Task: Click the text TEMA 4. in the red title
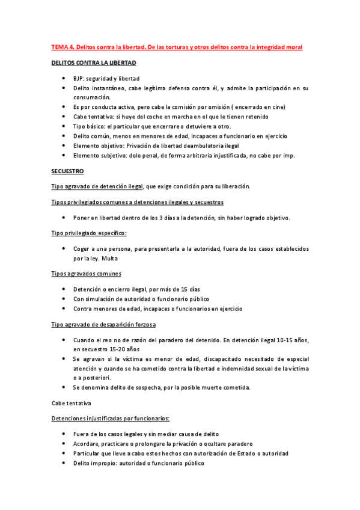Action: click(x=63, y=47)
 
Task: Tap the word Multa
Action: click(x=110, y=259)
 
